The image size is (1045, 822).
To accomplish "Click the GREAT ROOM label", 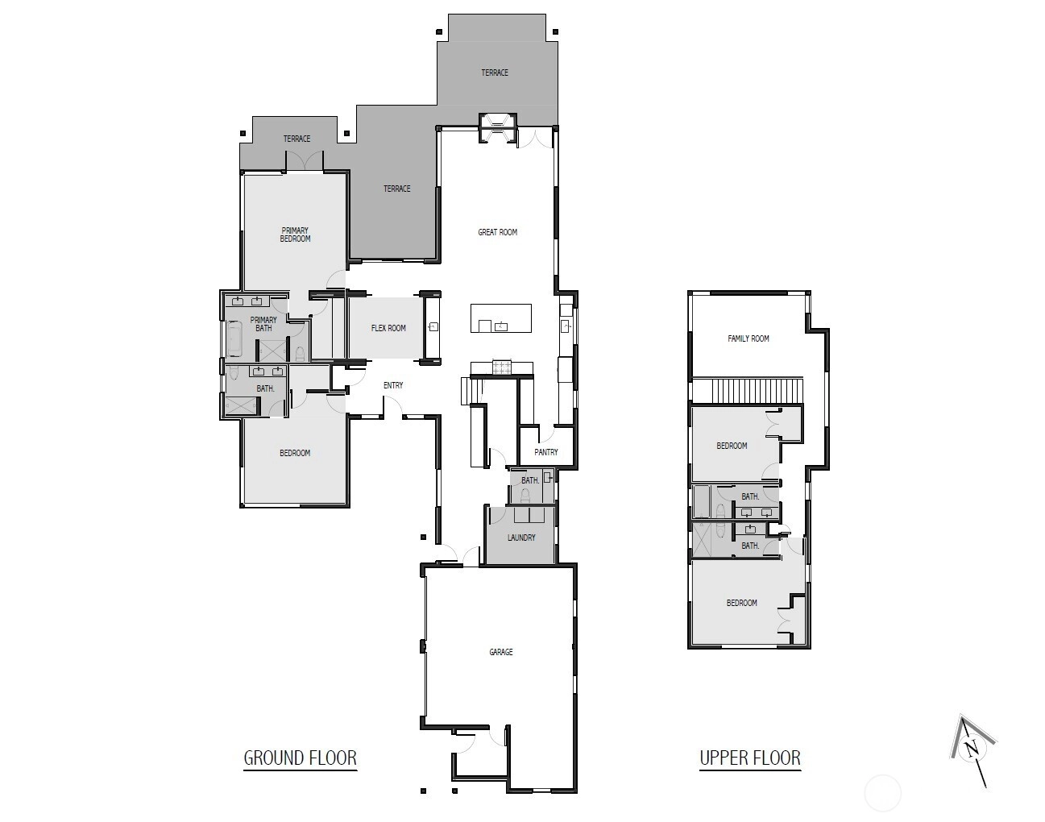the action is click(497, 232).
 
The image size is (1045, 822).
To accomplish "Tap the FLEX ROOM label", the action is click(388, 328).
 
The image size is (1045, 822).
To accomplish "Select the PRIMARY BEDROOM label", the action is click(295, 235).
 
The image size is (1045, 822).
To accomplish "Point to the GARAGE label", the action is click(500, 652).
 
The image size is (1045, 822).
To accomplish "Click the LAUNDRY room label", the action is click(521, 538).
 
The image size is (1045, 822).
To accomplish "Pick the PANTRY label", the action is click(545, 452).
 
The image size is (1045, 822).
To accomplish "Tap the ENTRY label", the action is click(393, 385).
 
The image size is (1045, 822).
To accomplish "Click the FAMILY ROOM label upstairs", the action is click(749, 338).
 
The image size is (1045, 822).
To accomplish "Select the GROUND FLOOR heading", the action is click(300, 758).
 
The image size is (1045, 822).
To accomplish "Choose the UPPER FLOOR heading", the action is click(750, 758).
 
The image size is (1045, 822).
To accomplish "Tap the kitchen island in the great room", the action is click(500, 318).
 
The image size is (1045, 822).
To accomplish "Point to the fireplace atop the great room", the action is click(497, 128).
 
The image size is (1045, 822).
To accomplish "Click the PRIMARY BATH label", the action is click(263, 324).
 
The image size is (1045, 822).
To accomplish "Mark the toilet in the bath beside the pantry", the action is click(525, 495).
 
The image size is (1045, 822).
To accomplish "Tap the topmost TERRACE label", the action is click(495, 73).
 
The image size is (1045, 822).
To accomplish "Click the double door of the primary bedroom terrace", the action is click(305, 161).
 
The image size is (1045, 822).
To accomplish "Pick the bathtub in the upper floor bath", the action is click(701, 501).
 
